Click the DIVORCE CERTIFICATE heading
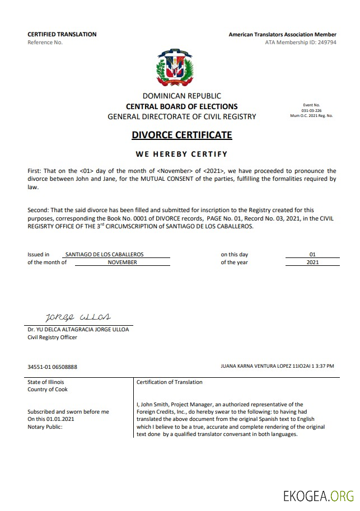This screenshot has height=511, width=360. click(x=181, y=135)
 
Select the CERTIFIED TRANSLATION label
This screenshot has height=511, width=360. click(x=62, y=34)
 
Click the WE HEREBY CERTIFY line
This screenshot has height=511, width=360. click(x=181, y=154)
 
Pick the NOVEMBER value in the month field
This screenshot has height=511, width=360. click(x=122, y=262)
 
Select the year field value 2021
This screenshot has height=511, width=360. click(x=312, y=262)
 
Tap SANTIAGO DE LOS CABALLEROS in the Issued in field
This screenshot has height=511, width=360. click(x=104, y=254)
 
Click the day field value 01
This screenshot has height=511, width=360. click(x=312, y=254)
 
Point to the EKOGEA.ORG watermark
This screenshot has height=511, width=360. click(x=318, y=495)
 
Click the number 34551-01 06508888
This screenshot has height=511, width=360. click(x=52, y=367)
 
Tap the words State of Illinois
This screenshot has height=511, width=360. click(x=46, y=382)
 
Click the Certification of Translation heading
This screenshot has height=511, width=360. click(x=169, y=382)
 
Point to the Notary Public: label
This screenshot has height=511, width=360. click(x=45, y=426)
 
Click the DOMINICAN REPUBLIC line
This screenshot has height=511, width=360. click(x=181, y=96)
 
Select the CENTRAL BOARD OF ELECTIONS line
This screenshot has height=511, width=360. click(x=181, y=106)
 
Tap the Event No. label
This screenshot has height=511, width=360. click(x=311, y=105)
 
